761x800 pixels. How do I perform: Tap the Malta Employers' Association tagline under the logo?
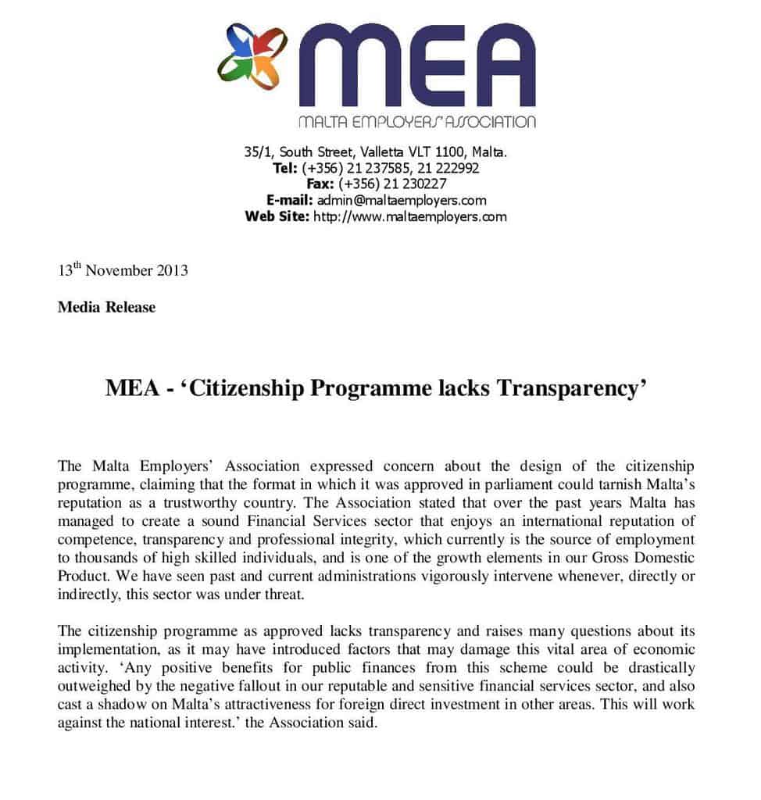click(x=417, y=122)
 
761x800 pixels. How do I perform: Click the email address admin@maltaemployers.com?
click(x=402, y=200)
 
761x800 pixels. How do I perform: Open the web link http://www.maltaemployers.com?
click(x=409, y=216)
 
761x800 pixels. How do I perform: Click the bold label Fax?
click(x=320, y=184)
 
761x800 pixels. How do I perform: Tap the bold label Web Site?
click(x=277, y=216)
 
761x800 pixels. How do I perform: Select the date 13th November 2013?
click(x=123, y=271)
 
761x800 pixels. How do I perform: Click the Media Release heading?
click(x=106, y=307)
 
